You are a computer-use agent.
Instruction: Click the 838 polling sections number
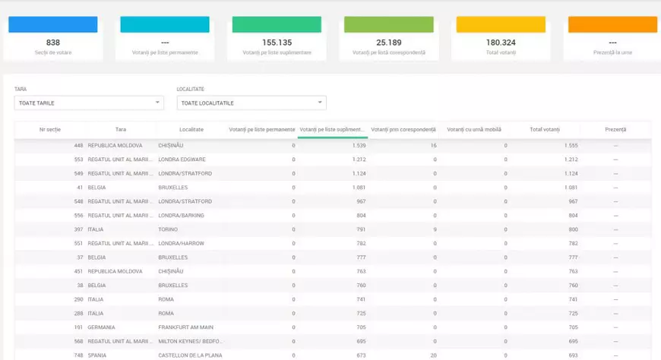pyautogui.click(x=52, y=43)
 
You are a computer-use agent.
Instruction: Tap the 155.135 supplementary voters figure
pyautogui.click(x=277, y=43)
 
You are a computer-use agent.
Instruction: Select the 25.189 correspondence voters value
pyautogui.click(x=388, y=43)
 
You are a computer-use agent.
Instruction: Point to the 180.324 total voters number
pyautogui.click(x=501, y=43)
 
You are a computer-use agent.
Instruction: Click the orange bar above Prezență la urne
pyautogui.click(x=612, y=24)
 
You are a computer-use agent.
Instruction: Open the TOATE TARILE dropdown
pyautogui.click(x=89, y=103)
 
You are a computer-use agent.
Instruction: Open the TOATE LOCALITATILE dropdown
pyautogui.click(x=251, y=103)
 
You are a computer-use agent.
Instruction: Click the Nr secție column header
pyautogui.click(x=50, y=130)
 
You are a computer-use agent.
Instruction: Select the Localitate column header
pyautogui.click(x=191, y=130)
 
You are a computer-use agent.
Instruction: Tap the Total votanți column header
pyautogui.click(x=546, y=130)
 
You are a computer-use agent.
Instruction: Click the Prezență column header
pyautogui.click(x=615, y=130)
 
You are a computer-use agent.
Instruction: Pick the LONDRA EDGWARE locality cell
pyautogui.click(x=182, y=159)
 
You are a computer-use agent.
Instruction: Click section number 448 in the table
pyautogui.click(x=78, y=145)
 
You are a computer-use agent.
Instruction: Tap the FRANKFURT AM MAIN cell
pyautogui.click(x=185, y=327)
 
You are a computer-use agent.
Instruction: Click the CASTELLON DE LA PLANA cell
pyautogui.click(x=189, y=355)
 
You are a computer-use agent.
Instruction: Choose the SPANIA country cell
pyautogui.click(x=96, y=355)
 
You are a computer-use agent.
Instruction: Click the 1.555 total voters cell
pyautogui.click(x=571, y=145)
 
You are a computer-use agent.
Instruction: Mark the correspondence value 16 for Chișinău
pyautogui.click(x=433, y=145)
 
